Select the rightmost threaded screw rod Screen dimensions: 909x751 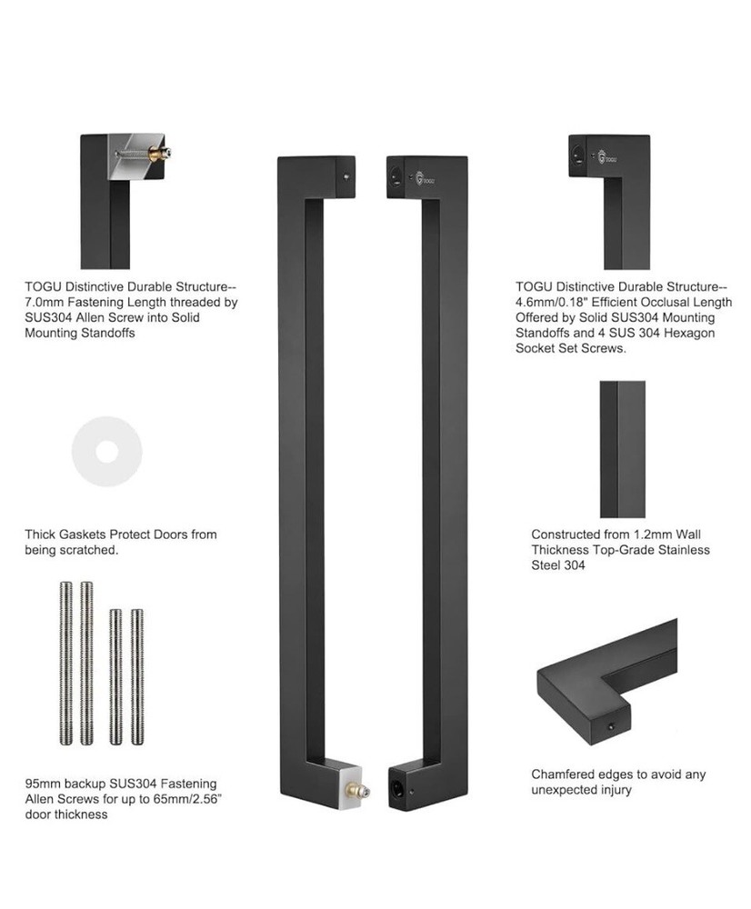point(136,676)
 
